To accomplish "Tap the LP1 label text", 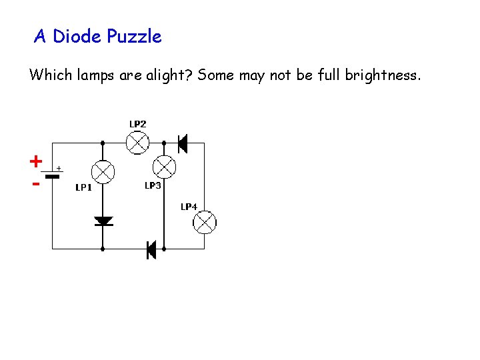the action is point(83,188).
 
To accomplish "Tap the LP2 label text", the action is point(137,124).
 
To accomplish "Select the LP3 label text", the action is point(153,185).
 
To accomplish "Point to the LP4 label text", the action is point(189,207).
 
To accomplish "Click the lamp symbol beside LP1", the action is point(103,172).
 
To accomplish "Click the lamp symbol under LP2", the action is point(137,142).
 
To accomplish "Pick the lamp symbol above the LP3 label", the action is point(164,165).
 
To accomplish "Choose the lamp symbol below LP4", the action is point(205,222).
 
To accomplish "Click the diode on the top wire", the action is point(181,142).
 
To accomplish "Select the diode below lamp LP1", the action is point(103,221).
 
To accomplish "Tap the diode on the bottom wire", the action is point(151,249).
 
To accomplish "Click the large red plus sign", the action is point(35,161).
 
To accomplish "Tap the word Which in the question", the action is point(48,75).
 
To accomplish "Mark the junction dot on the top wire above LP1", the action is point(103,142).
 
